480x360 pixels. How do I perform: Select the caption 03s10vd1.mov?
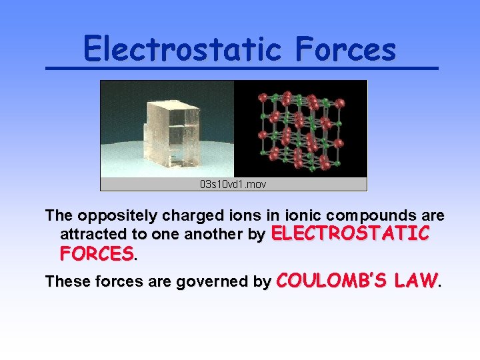(233, 184)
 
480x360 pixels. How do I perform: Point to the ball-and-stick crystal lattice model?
(302, 127)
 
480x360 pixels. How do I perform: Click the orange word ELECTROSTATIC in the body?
(351, 233)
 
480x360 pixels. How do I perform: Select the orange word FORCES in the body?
(97, 253)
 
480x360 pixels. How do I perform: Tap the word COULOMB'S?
(329, 280)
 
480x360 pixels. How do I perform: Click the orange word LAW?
(415, 280)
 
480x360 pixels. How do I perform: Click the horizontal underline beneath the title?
(241, 69)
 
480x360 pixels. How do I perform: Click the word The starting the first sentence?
(59, 216)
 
